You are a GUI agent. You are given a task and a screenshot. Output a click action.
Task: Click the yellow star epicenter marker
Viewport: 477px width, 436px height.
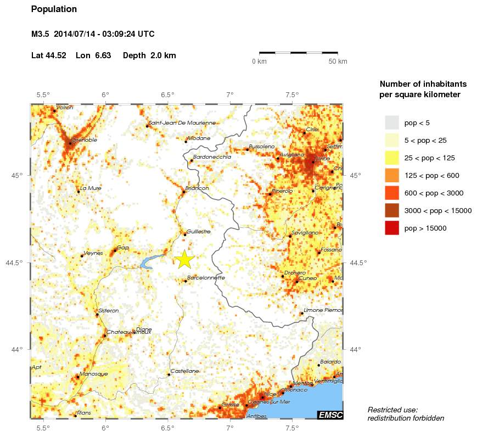(185, 259)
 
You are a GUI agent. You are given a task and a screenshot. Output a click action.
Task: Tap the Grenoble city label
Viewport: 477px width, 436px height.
(85, 140)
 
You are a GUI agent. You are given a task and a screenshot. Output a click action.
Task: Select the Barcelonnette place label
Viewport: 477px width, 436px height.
(206, 278)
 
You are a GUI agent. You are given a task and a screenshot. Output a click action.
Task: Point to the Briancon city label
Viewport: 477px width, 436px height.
(198, 188)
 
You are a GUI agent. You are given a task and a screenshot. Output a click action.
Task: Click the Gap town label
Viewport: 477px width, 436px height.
(123, 248)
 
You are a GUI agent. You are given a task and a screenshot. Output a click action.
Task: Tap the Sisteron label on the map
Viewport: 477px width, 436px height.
(108, 311)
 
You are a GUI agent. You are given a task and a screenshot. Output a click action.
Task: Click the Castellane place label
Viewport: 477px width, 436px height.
(185, 371)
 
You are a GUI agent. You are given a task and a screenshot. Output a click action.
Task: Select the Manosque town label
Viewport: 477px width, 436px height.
(93, 374)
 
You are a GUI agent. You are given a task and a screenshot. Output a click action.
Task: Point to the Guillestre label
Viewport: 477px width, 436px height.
(199, 232)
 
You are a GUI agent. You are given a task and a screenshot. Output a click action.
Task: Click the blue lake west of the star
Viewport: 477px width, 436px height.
(149, 262)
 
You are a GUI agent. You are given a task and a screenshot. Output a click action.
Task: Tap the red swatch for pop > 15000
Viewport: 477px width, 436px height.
(391, 228)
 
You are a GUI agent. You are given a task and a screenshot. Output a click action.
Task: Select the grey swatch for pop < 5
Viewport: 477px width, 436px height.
(391, 122)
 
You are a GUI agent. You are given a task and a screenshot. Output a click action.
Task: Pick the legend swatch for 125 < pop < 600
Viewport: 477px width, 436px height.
(391, 175)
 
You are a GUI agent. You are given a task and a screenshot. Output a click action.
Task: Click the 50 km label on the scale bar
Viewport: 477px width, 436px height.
(338, 62)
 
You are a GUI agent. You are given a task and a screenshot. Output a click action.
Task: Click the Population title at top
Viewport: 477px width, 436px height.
(54, 9)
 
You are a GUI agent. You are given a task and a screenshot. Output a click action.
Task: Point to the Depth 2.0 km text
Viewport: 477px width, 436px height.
(149, 55)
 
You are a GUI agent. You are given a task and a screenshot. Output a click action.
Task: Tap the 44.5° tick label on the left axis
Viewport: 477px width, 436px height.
(18, 262)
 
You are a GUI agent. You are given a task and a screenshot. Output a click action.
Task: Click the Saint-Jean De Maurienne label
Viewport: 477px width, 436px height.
(182, 123)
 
